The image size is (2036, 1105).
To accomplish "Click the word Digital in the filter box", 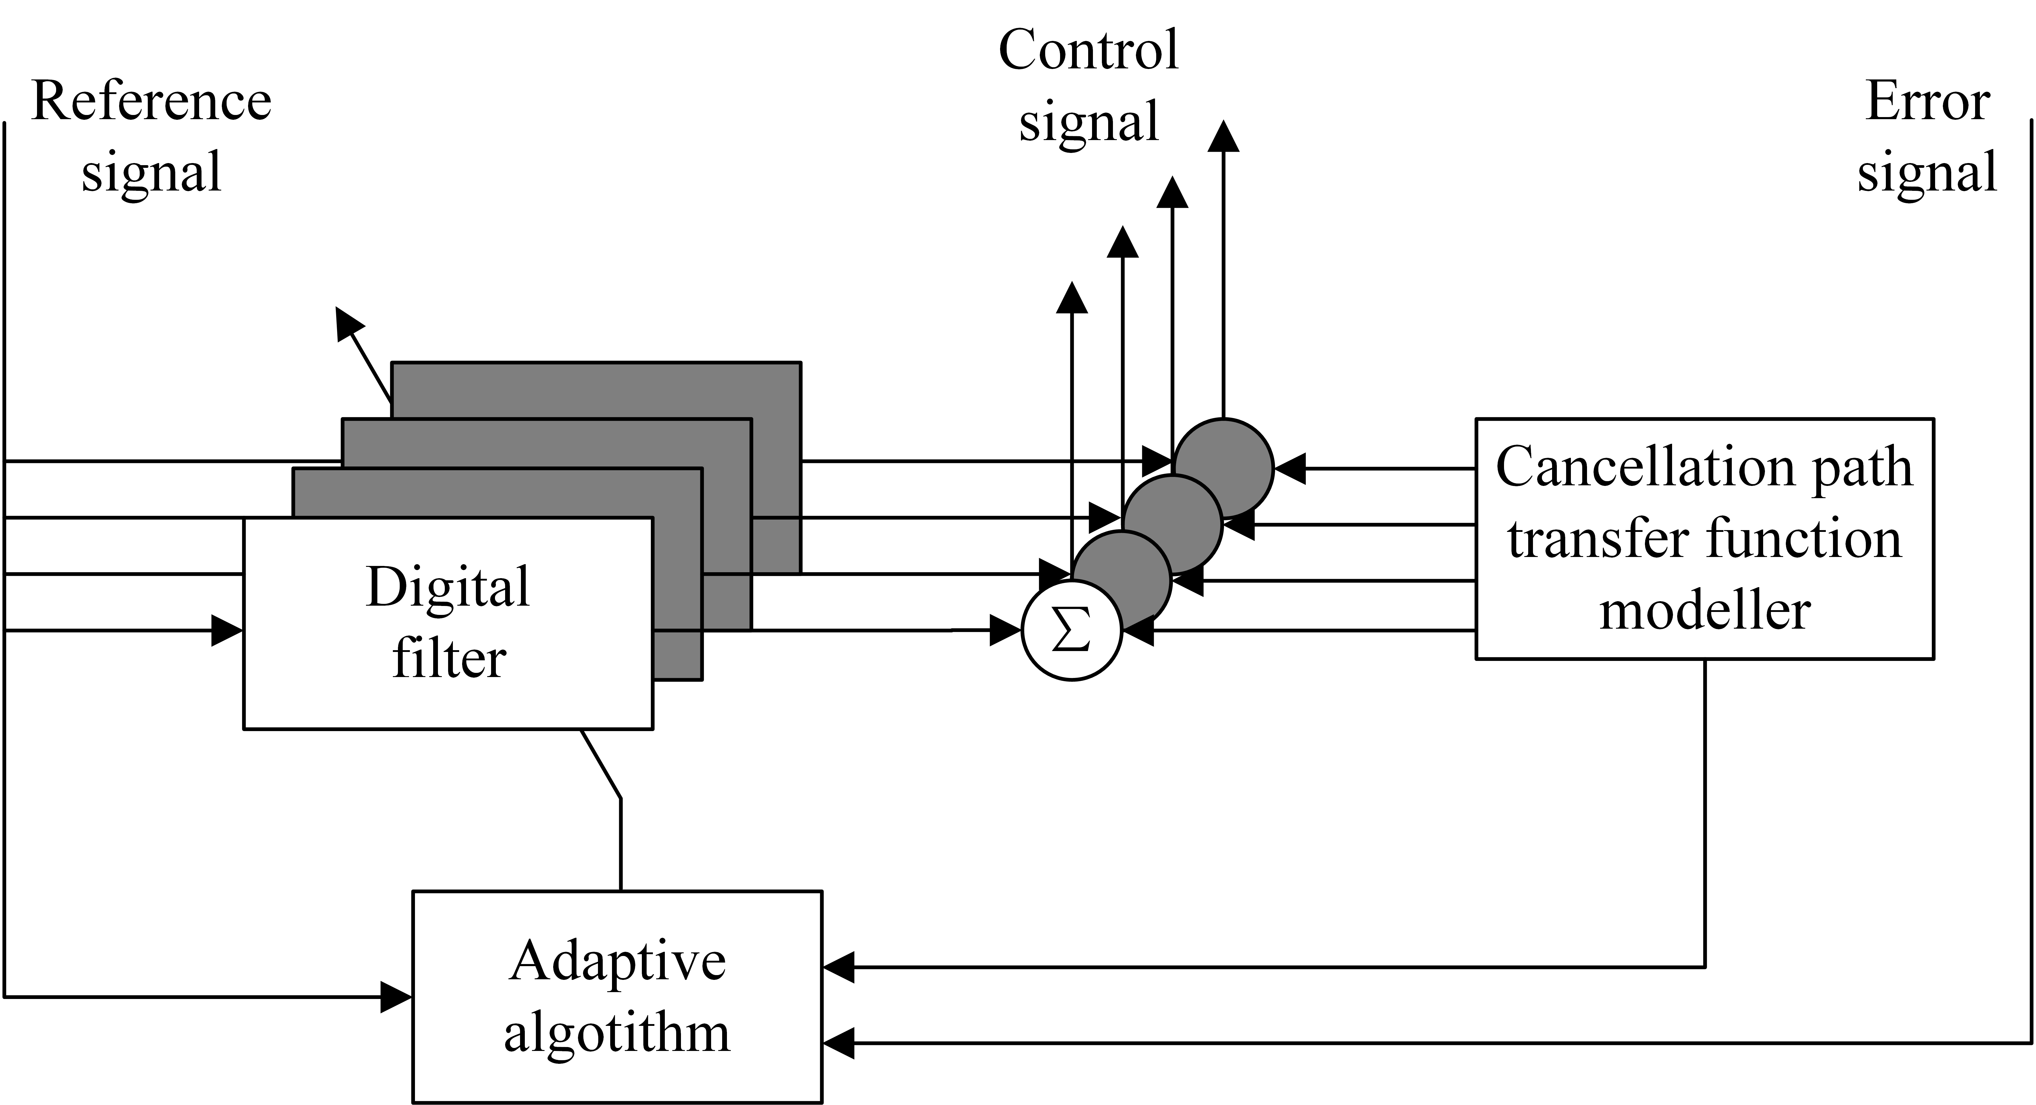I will tap(447, 587).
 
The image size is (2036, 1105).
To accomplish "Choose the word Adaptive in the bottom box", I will tap(617, 962).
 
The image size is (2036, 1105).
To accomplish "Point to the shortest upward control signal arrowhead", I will tap(1072, 298).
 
